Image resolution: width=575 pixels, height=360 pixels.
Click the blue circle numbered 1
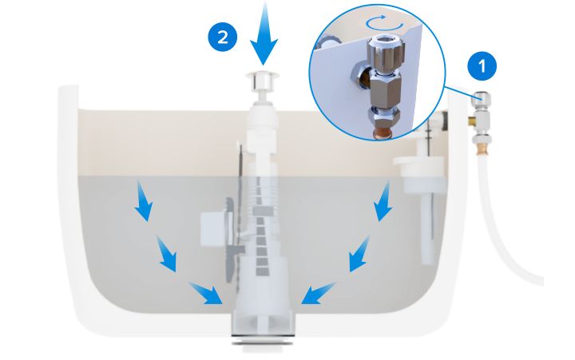[482, 66]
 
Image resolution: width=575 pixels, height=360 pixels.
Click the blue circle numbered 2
[223, 37]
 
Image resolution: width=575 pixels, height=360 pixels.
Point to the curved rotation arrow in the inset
[384, 22]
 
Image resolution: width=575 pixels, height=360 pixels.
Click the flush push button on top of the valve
[263, 81]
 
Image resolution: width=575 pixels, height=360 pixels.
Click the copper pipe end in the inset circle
[382, 133]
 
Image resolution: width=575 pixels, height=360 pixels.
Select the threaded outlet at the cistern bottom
[262, 341]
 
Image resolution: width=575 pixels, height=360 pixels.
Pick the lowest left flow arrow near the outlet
[206, 293]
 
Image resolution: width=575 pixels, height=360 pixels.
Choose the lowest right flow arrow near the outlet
[318, 293]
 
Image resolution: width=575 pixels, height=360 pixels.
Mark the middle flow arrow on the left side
[166, 254]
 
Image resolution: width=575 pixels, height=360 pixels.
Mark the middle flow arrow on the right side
[359, 254]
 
